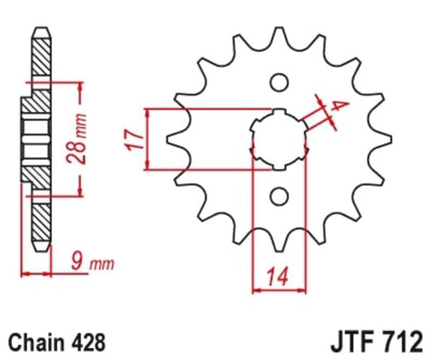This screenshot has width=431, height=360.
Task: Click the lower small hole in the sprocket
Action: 279,196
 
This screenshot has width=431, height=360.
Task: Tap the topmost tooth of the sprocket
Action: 279,36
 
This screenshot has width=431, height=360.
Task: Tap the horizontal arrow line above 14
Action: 279,291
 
